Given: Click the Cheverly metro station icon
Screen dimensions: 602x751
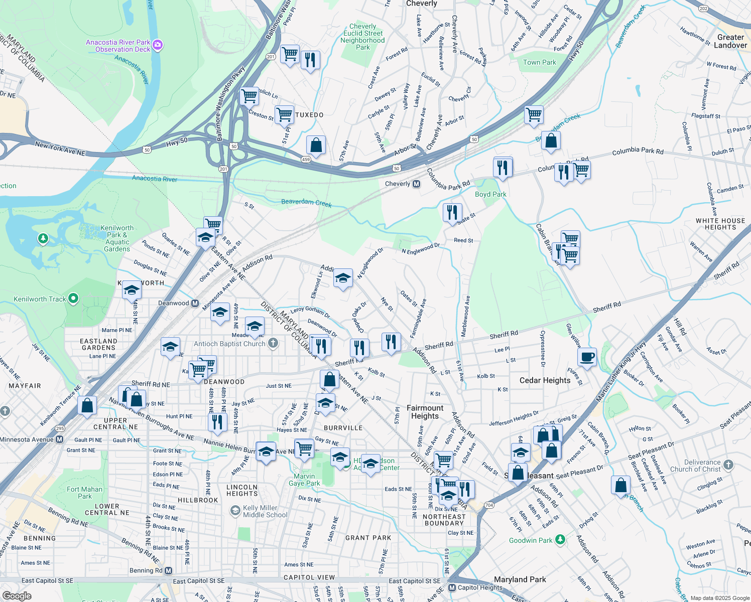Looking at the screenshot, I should (416, 184).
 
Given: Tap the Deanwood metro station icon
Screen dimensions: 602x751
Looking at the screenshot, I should (195, 304).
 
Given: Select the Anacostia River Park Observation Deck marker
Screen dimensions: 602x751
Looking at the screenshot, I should (158, 46).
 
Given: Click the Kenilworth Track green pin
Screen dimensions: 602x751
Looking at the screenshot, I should (73, 299).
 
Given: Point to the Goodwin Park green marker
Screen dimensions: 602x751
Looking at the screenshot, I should (560, 540).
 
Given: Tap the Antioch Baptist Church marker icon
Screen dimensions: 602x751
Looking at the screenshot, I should (273, 344).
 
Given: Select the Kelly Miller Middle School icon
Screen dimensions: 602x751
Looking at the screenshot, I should (235, 511).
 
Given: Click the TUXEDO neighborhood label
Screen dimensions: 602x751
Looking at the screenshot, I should (309, 115).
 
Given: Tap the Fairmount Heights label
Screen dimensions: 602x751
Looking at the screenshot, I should (425, 412).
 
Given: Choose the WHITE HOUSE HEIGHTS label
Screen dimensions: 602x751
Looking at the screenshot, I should (720, 224).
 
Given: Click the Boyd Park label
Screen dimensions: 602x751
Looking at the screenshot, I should (490, 194).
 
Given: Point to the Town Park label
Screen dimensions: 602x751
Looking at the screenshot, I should (539, 62).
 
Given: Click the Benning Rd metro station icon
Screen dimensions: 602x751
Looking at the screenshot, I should (168, 571).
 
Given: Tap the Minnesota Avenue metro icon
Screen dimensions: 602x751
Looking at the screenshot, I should (59, 439).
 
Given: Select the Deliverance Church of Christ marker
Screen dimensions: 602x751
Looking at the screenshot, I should (728, 465).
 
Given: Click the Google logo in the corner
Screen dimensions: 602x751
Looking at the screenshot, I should (17, 595).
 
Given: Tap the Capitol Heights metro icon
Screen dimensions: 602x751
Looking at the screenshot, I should (452, 588).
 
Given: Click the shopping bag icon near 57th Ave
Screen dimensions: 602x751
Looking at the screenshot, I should (316, 145).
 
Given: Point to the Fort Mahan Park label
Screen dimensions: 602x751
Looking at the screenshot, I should (84, 493).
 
